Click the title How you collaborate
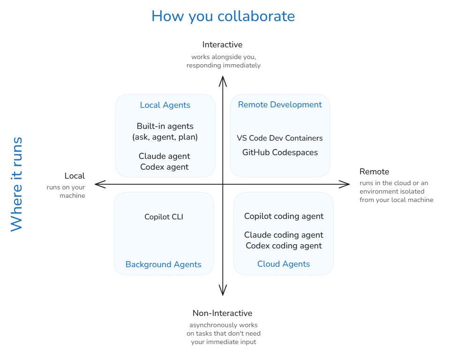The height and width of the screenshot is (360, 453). [223, 16]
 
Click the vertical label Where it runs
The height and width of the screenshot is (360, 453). [16, 184]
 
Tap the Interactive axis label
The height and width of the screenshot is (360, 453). [222, 45]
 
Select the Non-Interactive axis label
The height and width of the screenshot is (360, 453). [222, 313]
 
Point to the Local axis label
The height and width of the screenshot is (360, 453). [75, 176]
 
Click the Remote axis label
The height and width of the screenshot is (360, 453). [374, 172]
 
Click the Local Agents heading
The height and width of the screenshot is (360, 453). [165, 105]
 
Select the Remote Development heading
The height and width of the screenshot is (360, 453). [280, 105]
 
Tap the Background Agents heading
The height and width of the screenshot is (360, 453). [163, 264]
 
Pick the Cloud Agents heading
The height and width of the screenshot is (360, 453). [283, 264]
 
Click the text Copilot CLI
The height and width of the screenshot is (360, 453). [164, 217]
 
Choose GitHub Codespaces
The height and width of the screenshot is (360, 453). [280, 152]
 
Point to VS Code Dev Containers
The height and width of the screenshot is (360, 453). [280, 138]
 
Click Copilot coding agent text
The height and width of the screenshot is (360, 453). [284, 216]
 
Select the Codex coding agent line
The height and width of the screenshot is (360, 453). [284, 246]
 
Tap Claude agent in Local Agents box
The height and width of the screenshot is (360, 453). [165, 156]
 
